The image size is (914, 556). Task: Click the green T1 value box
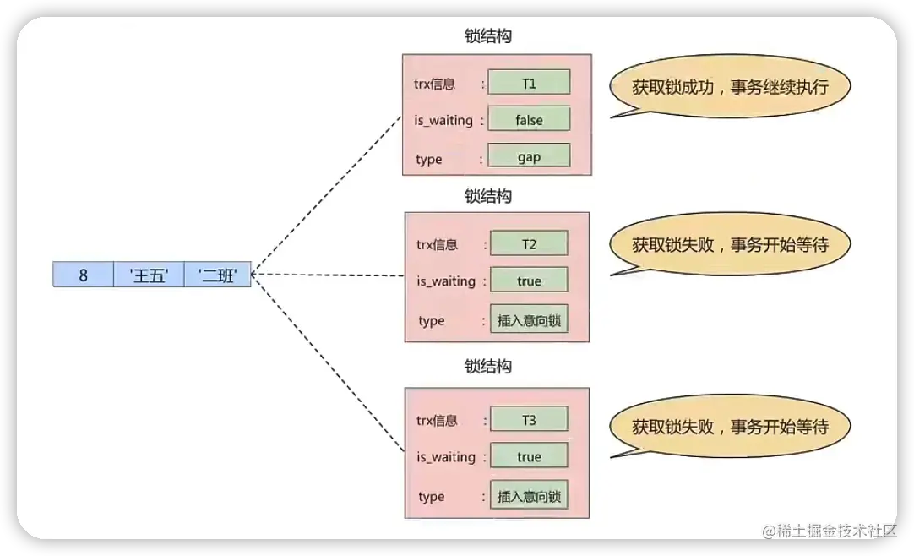[529, 82]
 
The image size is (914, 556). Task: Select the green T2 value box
[529, 243]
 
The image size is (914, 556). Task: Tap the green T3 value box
[529, 419]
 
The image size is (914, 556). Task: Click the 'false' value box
[529, 119]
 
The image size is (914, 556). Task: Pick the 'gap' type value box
[529, 156]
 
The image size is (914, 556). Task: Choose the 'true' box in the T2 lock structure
[529, 281]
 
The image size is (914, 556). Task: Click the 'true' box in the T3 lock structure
[529, 456]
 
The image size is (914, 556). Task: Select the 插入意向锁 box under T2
[529, 320]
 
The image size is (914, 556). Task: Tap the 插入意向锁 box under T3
[529, 495]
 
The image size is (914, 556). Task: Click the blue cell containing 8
[83, 275]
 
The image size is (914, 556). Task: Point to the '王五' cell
[149, 275]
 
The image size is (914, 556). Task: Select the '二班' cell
[217, 275]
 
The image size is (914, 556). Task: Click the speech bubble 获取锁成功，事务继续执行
[730, 86]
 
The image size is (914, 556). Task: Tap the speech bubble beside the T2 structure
[730, 245]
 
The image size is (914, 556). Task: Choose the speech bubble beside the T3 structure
[730, 426]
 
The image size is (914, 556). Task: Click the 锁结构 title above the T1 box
[488, 37]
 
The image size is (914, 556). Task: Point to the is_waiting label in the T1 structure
[443, 120]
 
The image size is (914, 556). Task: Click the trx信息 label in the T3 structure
[437, 420]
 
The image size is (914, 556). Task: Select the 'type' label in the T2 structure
[431, 321]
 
